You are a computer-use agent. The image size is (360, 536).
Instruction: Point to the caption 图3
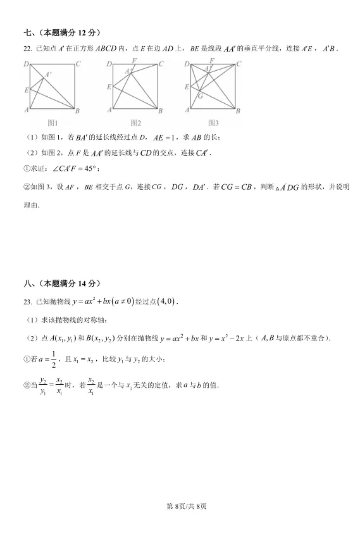pos(213,123)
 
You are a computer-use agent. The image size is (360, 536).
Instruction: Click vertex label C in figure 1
pos(78,64)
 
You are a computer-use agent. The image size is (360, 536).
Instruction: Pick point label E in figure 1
pos(27,90)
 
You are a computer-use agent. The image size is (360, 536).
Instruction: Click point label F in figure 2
pos(133,61)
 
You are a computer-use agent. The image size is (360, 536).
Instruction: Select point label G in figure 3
pos(200,96)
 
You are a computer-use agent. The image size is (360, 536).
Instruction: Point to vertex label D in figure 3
pos(187,64)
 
